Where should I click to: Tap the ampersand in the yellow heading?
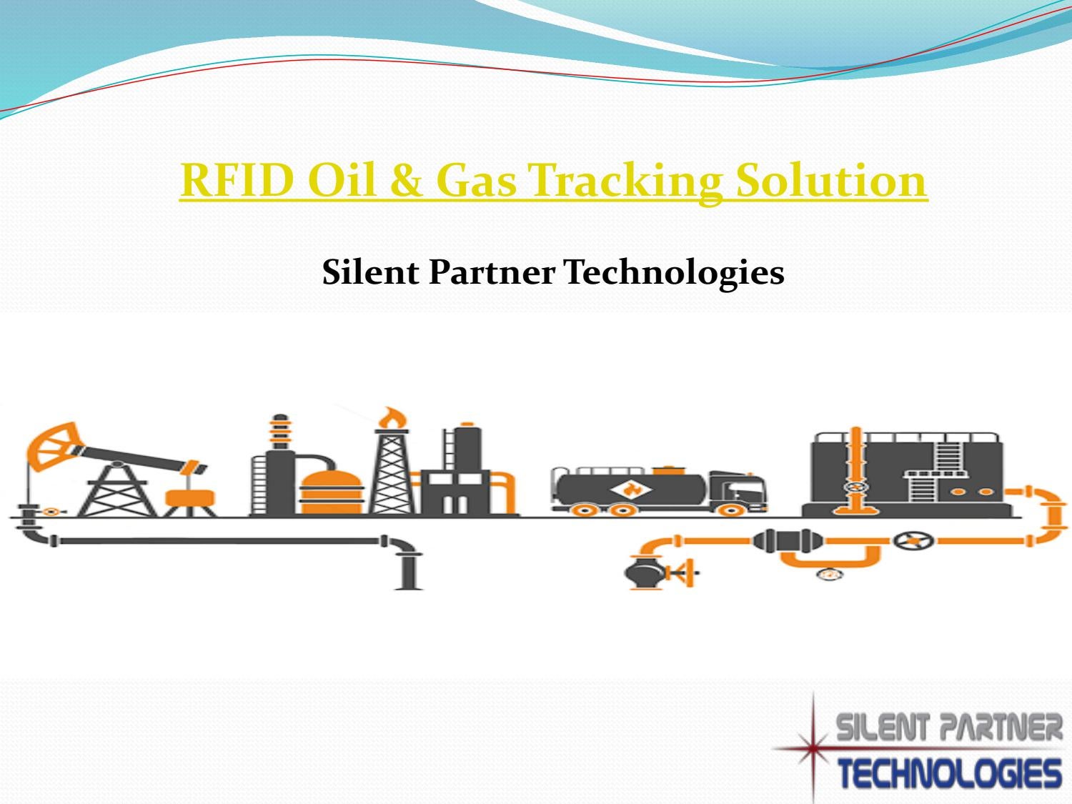click(x=407, y=179)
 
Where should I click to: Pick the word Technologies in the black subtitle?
click(x=674, y=272)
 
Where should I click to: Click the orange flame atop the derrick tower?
click(x=390, y=417)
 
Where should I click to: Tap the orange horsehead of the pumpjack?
click(x=50, y=443)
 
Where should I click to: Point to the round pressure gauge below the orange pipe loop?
click(x=829, y=573)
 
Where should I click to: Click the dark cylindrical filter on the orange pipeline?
click(x=787, y=540)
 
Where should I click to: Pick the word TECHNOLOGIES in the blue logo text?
click(x=949, y=775)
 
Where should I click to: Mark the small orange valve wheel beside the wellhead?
click(x=50, y=512)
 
